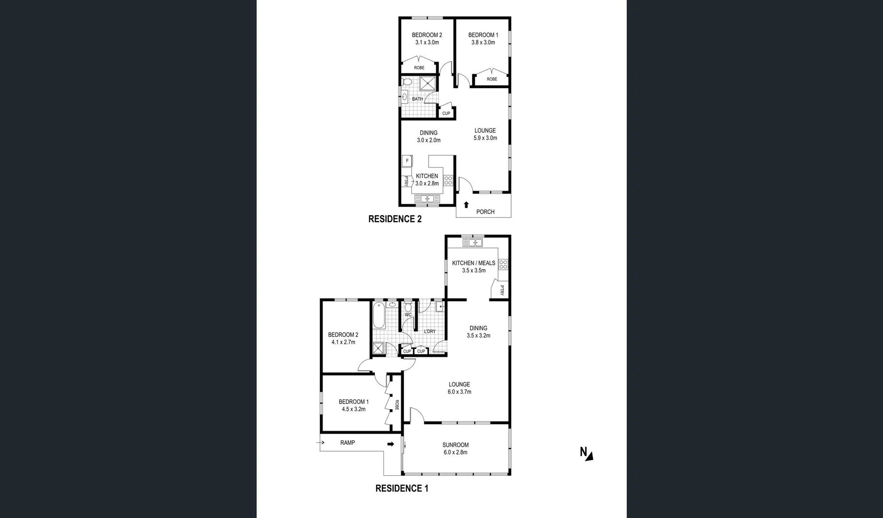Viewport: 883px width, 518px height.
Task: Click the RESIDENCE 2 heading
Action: click(x=394, y=219)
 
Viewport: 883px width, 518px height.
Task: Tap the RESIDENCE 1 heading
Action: click(x=401, y=489)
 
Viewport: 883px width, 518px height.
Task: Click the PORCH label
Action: click(x=485, y=212)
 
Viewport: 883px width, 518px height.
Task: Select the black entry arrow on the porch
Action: click(x=466, y=205)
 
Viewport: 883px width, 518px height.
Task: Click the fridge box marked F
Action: click(x=407, y=161)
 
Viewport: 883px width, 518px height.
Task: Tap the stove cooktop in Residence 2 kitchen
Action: click(x=448, y=181)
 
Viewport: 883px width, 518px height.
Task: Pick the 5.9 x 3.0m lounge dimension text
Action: click(x=485, y=138)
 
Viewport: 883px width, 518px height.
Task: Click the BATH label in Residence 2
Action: click(x=417, y=99)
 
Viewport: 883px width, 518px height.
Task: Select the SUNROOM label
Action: click(x=455, y=445)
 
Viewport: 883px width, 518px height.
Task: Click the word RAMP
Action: click(x=347, y=443)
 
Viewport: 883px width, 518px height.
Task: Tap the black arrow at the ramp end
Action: click(x=391, y=444)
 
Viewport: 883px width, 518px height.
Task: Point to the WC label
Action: click(x=408, y=315)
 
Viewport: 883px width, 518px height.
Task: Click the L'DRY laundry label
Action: click(x=430, y=331)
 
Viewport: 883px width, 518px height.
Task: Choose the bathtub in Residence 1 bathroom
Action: click(x=379, y=315)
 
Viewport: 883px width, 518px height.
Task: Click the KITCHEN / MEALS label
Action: click(x=473, y=263)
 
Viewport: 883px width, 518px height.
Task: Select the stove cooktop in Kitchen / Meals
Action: click(x=503, y=264)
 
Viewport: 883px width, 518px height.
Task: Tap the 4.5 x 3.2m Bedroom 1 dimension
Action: click(x=353, y=409)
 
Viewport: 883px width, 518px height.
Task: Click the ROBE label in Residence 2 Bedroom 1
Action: click(x=491, y=79)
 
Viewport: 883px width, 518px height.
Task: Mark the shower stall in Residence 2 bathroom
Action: click(x=429, y=83)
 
